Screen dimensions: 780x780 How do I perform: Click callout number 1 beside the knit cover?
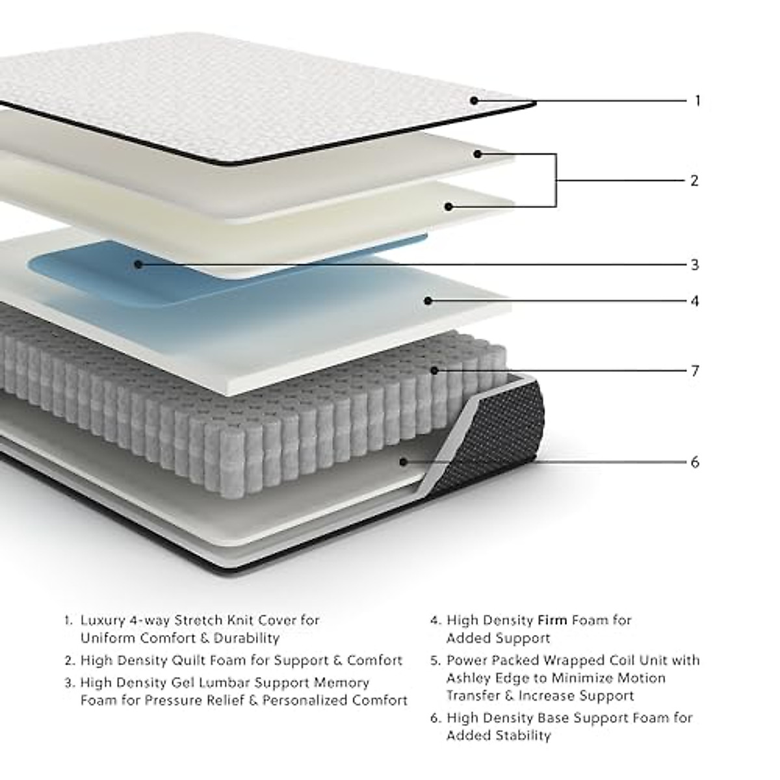click(x=697, y=101)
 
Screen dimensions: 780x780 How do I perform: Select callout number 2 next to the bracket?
click(x=694, y=180)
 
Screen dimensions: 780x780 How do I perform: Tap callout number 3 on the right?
click(x=695, y=265)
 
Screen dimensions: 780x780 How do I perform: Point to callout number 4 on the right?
click(x=695, y=301)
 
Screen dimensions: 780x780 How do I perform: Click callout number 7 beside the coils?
click(x=695, y=370)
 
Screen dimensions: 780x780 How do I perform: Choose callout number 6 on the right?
click(x=695, y=462)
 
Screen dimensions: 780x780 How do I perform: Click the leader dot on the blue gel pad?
click(x=138, y=264)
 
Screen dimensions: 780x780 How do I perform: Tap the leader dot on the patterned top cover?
click(x=474, y=100)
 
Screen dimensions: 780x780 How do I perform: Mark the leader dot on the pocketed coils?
click(x=434, y=370)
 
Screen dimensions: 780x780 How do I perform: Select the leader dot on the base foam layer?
click(x=403, y=461)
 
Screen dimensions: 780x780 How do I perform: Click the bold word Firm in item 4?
click(x=552, y=620)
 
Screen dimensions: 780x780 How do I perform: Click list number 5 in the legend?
click(x=435, y=660)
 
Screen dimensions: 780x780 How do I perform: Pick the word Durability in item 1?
click(x=246, y=638)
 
